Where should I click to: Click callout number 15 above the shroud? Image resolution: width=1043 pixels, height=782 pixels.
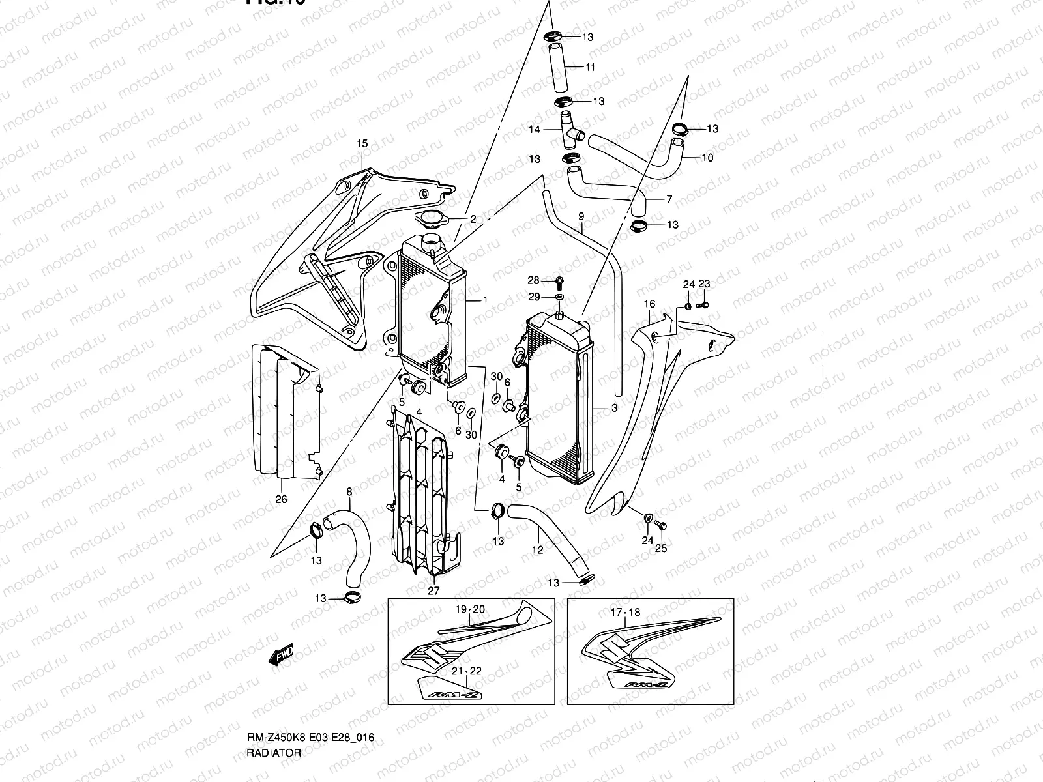[362, 143]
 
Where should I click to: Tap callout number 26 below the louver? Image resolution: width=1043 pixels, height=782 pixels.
[281, 500]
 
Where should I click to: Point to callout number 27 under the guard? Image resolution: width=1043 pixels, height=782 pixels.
[433, 591]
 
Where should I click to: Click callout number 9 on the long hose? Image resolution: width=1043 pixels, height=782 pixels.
[581, 216]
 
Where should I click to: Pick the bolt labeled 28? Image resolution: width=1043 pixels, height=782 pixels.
[559, 281]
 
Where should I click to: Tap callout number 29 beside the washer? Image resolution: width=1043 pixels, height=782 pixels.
[534, 297]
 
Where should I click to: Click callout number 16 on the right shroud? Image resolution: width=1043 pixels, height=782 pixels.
[649, 304]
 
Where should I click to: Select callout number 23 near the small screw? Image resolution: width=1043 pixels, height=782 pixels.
[704, 284]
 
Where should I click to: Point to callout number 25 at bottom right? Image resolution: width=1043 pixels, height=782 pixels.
[661, 548]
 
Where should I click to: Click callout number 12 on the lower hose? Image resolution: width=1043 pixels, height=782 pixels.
[537, 549]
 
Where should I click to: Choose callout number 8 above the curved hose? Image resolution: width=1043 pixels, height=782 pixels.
[349, 490]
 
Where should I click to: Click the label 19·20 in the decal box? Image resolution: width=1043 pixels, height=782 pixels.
[470, 609]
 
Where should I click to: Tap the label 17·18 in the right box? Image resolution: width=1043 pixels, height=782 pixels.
[625, 613]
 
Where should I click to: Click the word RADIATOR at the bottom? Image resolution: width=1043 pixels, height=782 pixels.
[274, 770]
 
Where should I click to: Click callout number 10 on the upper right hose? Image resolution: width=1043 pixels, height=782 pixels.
[707, 158]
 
